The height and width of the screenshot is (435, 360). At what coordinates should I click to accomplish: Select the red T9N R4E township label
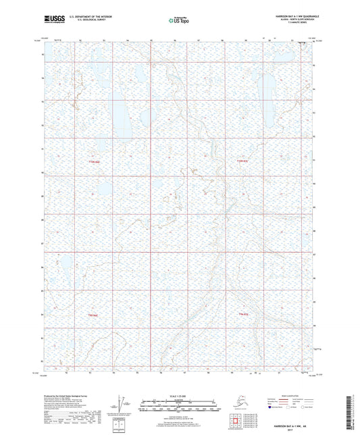(93, 315)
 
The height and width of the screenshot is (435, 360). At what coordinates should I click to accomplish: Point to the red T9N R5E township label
(241, 315)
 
